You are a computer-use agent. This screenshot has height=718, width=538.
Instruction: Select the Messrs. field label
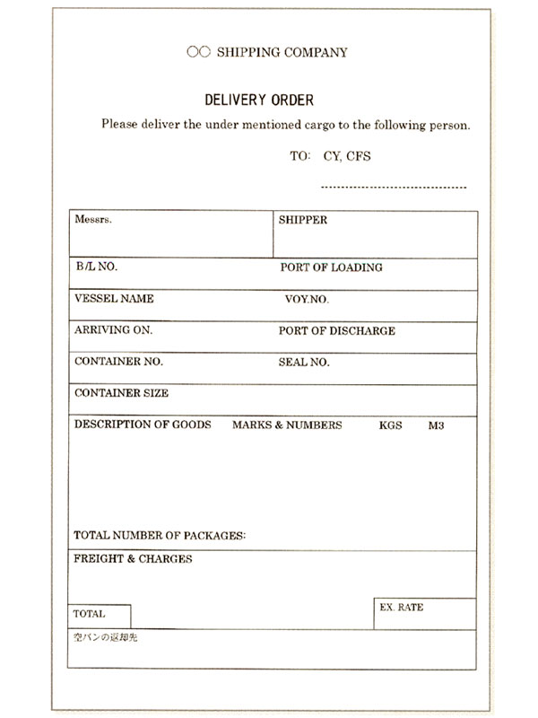pos(93,219)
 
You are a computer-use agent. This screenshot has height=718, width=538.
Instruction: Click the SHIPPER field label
pos(302,220)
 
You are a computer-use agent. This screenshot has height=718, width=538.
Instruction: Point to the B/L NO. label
pos(96,267)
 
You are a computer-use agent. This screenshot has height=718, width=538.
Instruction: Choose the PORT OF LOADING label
pos(331,267)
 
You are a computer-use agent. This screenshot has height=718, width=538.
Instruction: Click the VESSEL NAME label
pos(114,299)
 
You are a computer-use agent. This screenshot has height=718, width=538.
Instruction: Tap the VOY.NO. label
pos(307,300)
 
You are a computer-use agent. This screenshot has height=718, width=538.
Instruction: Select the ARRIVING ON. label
pos(113,330)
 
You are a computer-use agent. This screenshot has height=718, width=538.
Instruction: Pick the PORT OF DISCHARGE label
pos(336,331)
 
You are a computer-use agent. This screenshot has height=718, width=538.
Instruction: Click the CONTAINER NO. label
pos(117,363)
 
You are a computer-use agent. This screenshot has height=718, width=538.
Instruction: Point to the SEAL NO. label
pos(304,363)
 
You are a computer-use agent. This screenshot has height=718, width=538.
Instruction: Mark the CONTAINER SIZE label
pos(121,393)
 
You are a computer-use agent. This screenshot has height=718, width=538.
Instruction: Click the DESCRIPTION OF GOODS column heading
pos(143,425)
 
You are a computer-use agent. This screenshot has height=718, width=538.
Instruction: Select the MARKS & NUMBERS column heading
pos(287,425)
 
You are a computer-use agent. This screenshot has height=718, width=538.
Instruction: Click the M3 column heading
pos(437,425)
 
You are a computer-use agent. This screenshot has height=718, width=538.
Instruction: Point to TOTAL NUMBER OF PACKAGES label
pos(160,536)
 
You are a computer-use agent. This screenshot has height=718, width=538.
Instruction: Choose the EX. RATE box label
pos(402,608)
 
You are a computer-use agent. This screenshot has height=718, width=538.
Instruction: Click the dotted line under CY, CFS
pos(393,188)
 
